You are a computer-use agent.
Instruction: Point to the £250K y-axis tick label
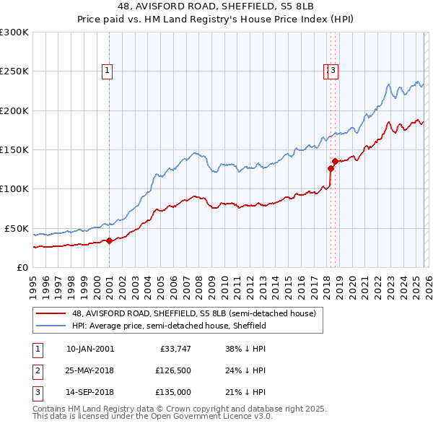(14, 71)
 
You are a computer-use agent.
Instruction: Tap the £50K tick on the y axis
(17, 228)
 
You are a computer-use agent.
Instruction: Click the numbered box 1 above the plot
(107, 71)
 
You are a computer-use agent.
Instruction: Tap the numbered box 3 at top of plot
(336, 71)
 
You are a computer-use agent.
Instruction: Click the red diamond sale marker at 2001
(109, 241)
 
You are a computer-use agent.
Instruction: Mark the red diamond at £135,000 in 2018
(335, 161)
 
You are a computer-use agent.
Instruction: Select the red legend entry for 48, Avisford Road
(193, 314)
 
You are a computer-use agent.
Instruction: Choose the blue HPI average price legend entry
(169, 326)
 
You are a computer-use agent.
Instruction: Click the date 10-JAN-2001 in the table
(89, 349)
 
